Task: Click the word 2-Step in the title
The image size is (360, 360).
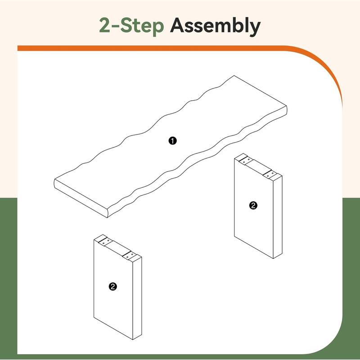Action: [131, 25]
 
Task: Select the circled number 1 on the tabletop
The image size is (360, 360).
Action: [172, 141]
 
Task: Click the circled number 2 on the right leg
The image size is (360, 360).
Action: [253, 205]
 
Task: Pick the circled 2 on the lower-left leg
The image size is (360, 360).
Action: [113, 286]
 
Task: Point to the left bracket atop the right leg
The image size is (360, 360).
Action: [246, 160]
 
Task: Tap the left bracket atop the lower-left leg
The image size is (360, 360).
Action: [105, 242]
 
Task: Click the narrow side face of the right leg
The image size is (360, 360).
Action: [278, 217]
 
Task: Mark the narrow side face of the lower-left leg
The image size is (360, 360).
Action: [137, 298]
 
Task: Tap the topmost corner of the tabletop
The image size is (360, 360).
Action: [234, 76]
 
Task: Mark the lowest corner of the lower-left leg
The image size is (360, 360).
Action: [133, 340]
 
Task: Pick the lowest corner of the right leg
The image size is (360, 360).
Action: [273, 259]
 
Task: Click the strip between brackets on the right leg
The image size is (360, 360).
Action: [258, 167]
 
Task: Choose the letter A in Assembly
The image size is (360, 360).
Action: [178, 25]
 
